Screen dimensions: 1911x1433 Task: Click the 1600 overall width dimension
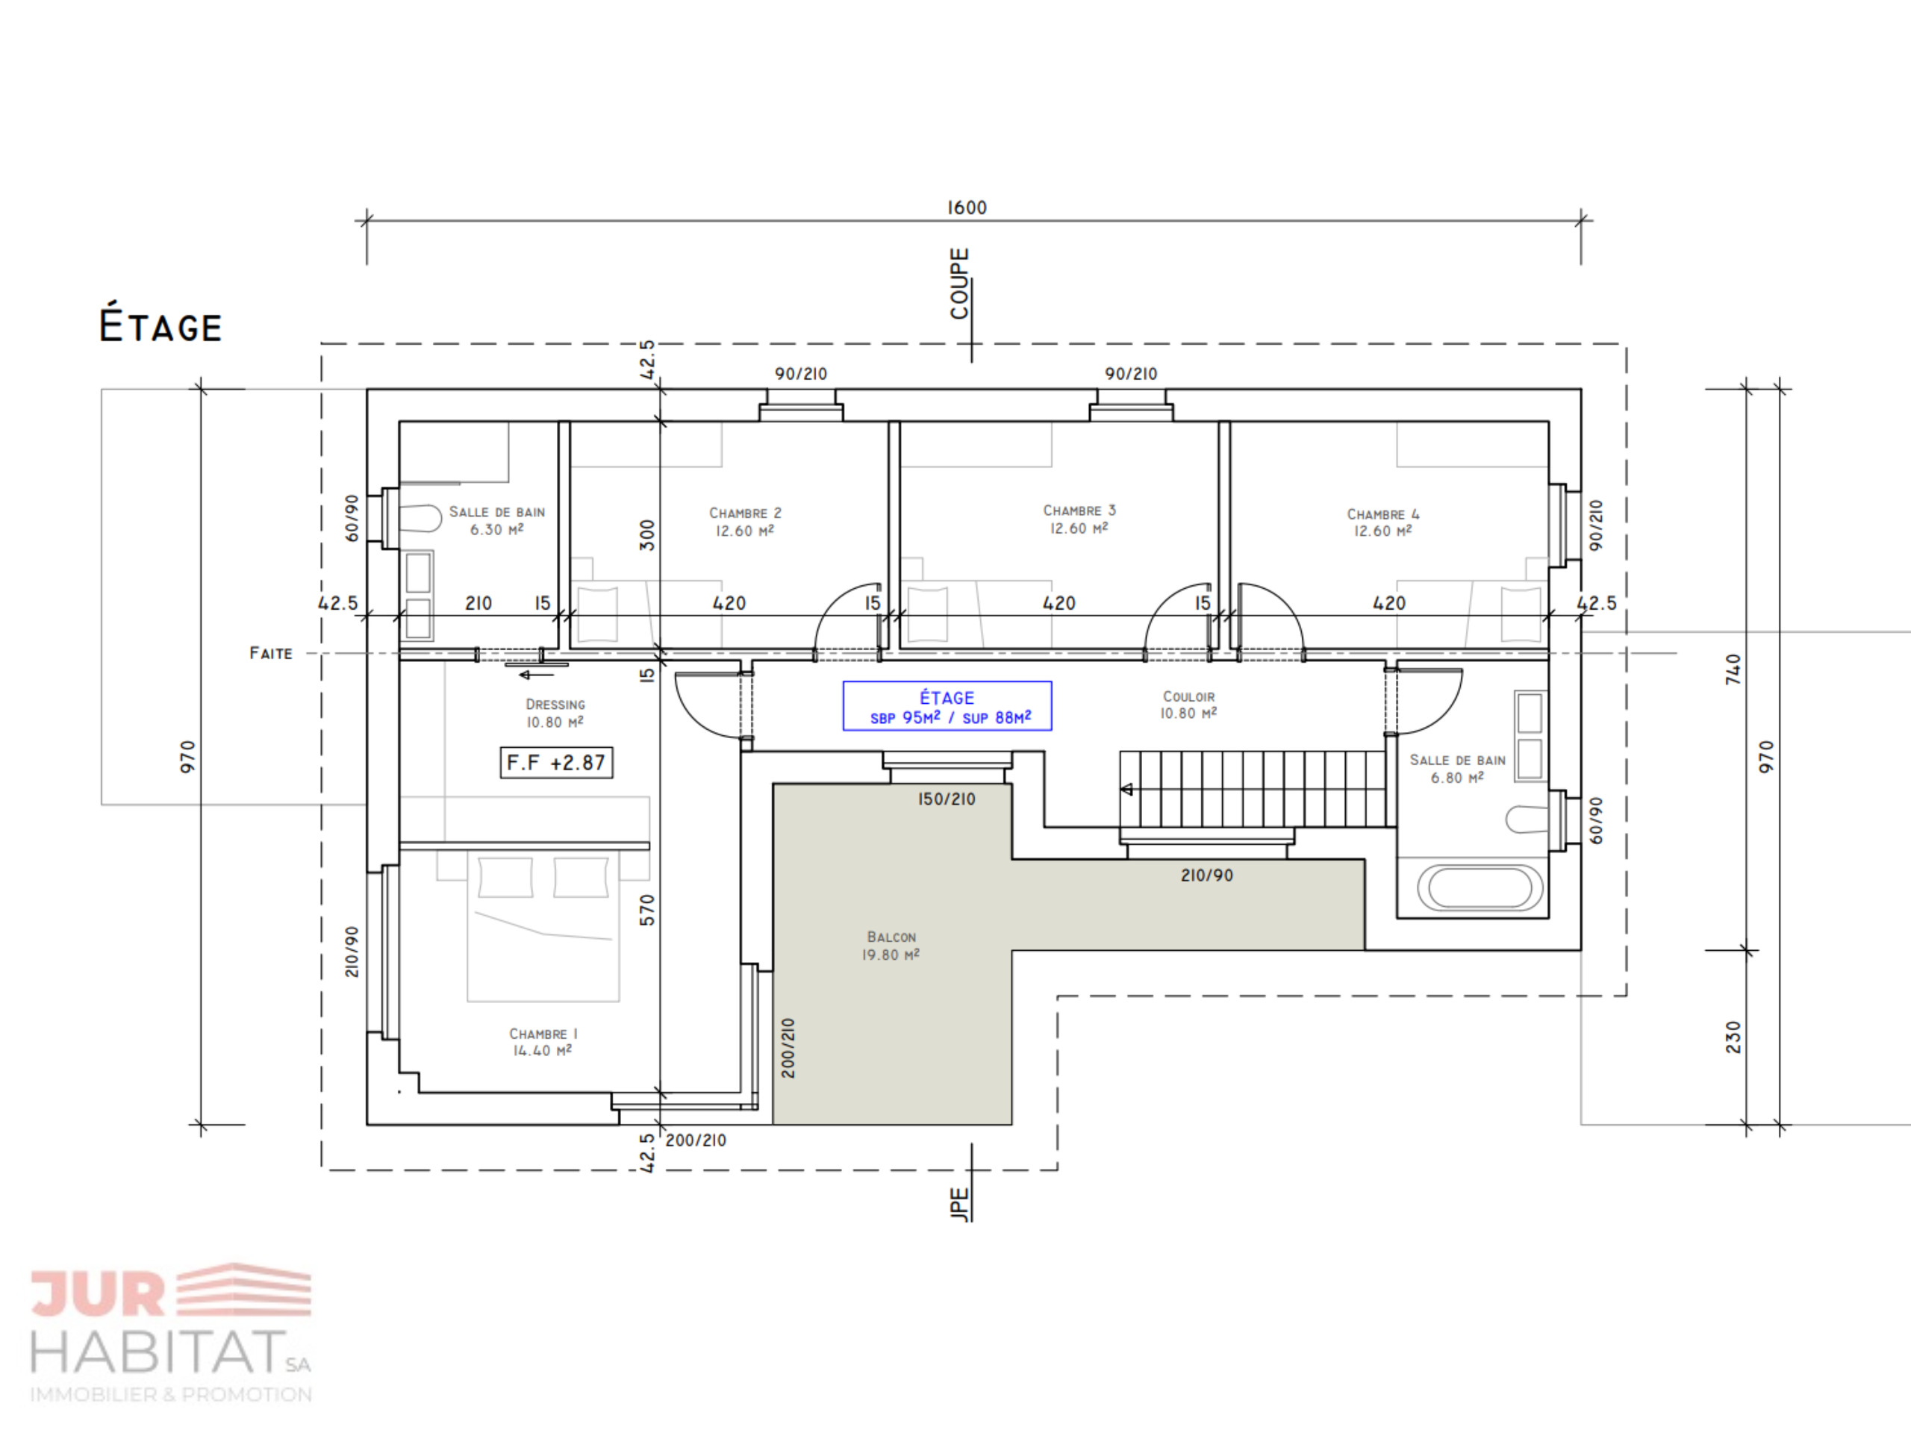point(967,207)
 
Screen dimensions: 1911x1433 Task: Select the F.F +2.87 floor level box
point(556,763)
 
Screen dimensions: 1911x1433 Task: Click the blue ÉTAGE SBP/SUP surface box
point(947,706)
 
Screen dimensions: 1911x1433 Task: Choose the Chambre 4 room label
point(1383,522)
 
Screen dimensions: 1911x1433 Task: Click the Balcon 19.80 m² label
point(891,946)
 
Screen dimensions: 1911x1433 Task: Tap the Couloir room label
point(1188,705)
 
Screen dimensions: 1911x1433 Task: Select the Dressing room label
point(555,714)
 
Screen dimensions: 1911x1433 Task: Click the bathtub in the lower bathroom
point(1480,888)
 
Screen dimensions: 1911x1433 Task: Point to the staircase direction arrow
point(1127,789)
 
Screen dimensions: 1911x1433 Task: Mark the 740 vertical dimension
point(1733,669)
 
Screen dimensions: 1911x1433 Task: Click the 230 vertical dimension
point(1733,1037)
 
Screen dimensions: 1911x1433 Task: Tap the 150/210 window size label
point(947,799)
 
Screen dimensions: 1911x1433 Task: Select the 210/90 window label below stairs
point(1207,875)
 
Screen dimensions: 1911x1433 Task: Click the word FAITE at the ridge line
point(270,653)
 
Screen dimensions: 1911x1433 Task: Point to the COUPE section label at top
point(960,284)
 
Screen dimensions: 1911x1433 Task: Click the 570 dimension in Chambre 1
point(647,911)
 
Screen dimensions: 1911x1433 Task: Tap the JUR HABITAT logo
point(171,1334)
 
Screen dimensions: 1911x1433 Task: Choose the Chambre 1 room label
point(543,1042)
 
